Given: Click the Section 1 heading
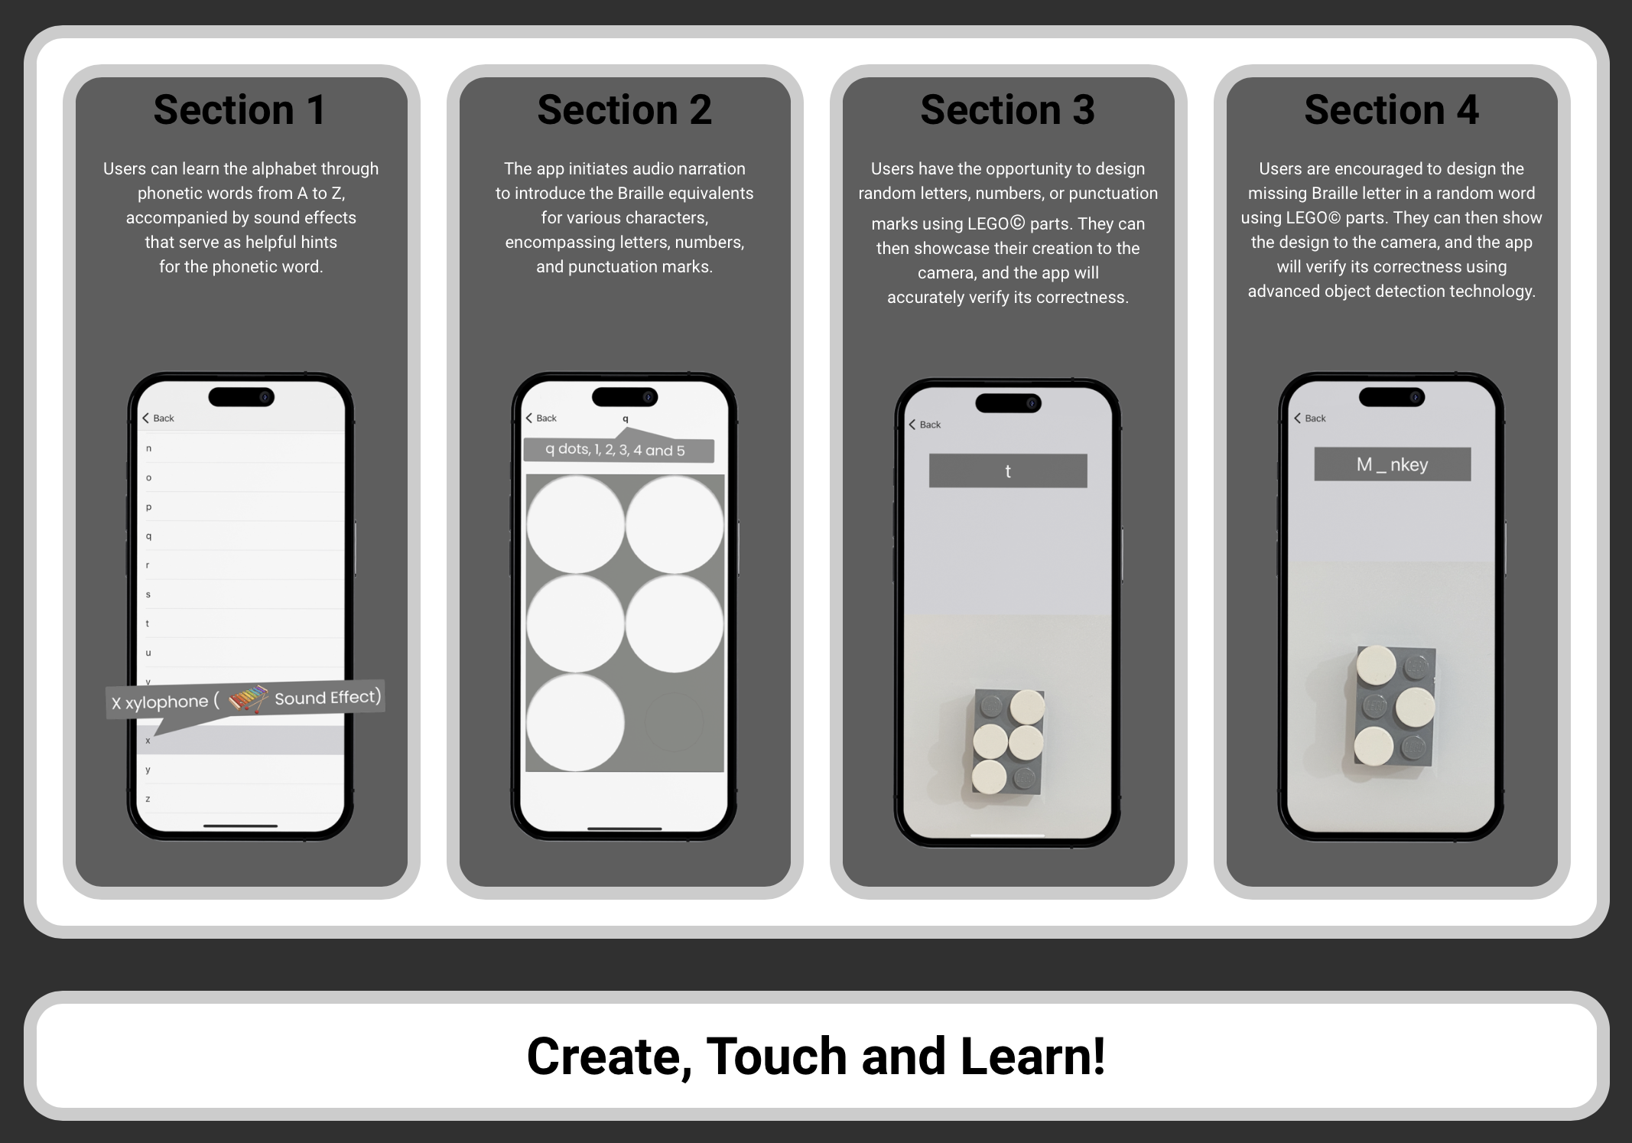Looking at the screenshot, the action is [x=240, y=110].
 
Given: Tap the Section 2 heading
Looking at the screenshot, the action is [x=624, y=110].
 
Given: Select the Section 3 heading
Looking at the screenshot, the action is [x=1008, y=110].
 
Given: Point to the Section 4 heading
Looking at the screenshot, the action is [x=1391, y=110].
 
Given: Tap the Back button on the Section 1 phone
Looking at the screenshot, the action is [x=158, y=418].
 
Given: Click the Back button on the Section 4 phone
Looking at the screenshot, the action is [x=1309, y=418].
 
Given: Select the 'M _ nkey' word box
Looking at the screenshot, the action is [x=1392, y=464].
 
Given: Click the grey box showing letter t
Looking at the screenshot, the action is [x=1008, y=471].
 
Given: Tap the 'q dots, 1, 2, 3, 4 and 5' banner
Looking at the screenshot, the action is [x=618, y=450].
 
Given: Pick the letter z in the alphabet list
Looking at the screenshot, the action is [x=148, y=799].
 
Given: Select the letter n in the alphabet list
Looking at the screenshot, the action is [x=148, y=448].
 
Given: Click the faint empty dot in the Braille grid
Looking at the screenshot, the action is [x=674, y=721].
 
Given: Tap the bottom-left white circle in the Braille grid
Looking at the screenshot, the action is [x=575, y=722].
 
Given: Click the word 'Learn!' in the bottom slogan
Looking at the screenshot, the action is [x=1032, y=1056].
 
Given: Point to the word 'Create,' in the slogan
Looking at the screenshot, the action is [x=610, y=1057].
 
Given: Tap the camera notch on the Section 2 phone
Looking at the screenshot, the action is [x=625, y=397].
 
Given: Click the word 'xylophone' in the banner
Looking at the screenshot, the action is [x=167, y=702].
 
